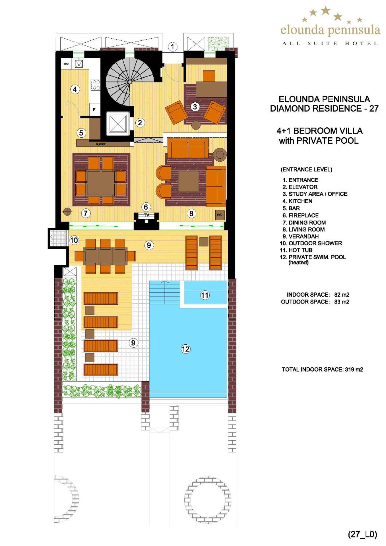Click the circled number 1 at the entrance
click(x=172, y=47)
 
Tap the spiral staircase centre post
click(x=130, y=82)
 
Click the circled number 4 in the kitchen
click(x=75, y=89)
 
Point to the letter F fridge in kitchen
click(x=94, y=109)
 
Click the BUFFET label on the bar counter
click(x=100, y=144)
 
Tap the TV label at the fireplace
click(x=146, y=215)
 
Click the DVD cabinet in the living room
click(x=220, y=215)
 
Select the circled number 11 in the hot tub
click(x=205, y=295)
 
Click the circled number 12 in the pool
click(x=185, y=349)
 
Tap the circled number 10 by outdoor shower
click(x=74, y=240)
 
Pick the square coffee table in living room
click(x=188, y=181)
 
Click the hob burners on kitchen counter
click(x=95, y=85)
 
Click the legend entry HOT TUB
click(x=300, y=250)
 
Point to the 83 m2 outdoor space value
click(x=342, y=302)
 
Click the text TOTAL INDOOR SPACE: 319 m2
click(x=322, y=369)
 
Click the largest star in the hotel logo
click(x=325, y=11)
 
